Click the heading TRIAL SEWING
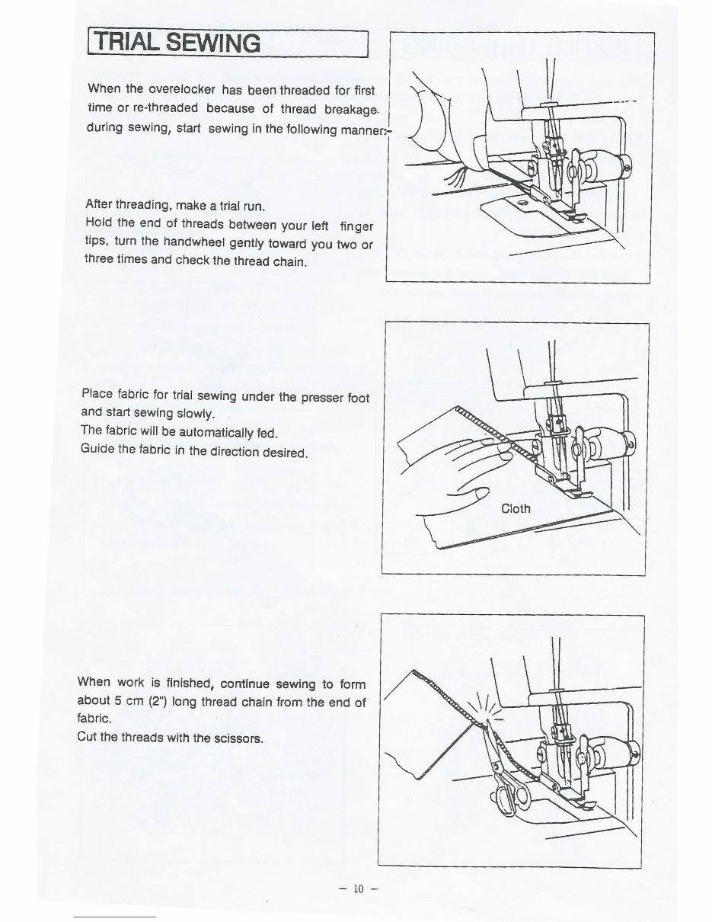[174, 43]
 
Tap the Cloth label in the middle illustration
[516, 508]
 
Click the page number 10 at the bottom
[359, 888]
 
